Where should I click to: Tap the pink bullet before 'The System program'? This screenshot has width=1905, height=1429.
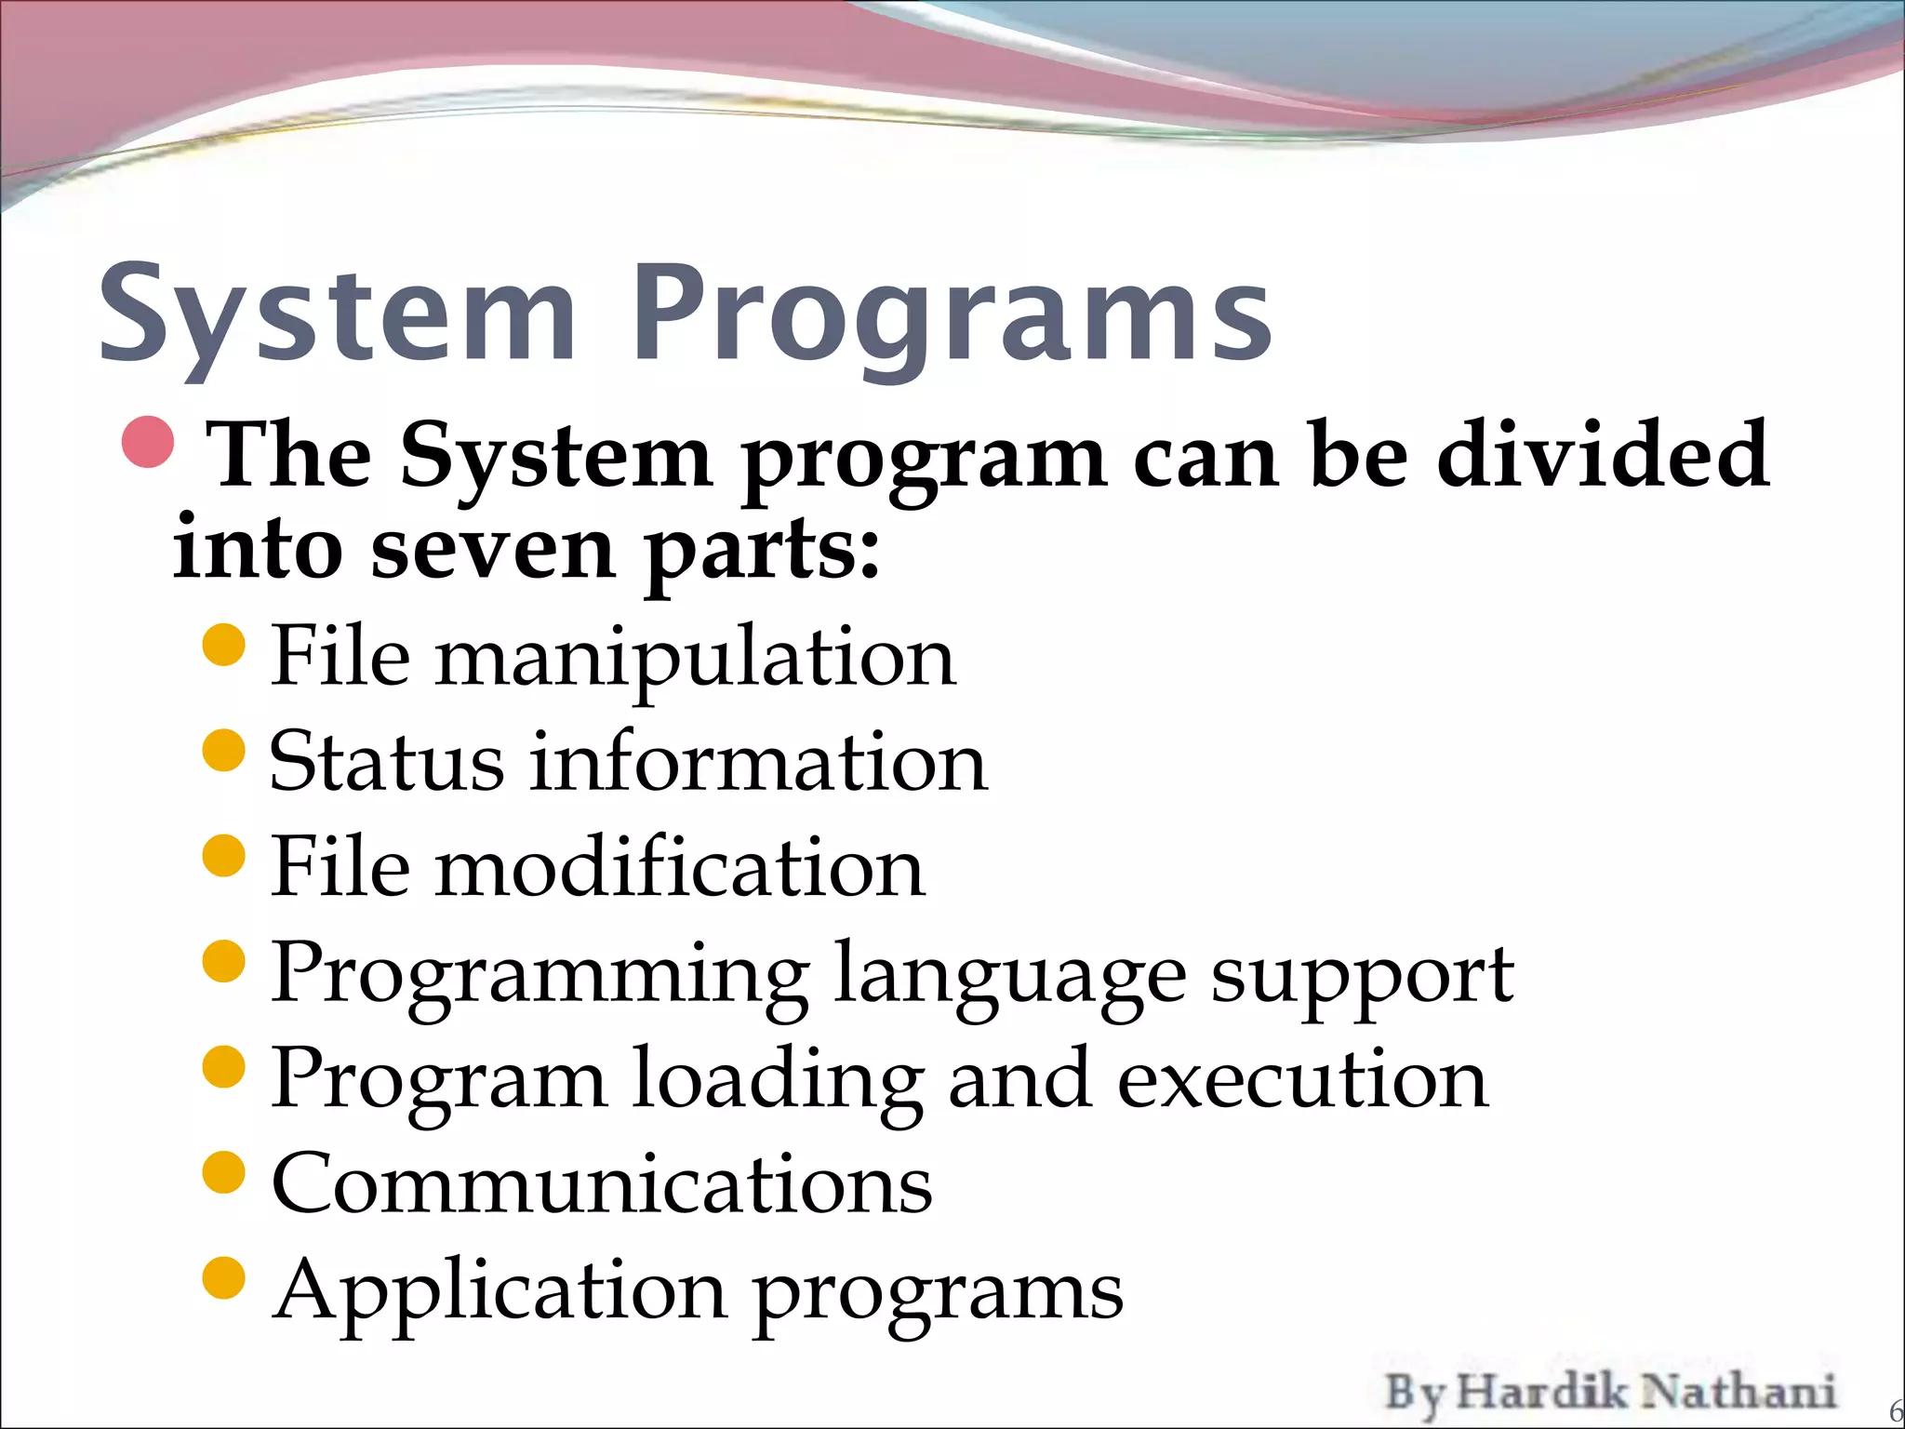[148, 442]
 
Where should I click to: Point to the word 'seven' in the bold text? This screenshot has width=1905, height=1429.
[493, 549]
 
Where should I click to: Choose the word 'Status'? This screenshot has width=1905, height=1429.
[387, 762]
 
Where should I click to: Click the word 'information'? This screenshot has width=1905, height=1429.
[758, 762]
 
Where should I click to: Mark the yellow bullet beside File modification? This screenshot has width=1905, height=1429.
[223, 855]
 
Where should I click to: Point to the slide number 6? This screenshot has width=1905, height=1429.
[1896, 1410]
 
